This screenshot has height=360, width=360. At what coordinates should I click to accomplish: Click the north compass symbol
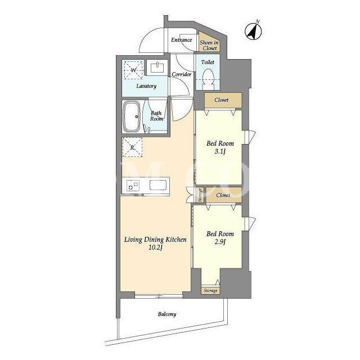tap(254, 31)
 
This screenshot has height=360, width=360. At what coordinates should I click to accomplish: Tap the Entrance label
tap(181, 40)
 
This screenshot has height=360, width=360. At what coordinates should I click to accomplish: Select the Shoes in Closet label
tap(209, 45)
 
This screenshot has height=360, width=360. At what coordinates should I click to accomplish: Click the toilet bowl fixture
tap(208, 79)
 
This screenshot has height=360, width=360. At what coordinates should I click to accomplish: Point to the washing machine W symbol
tap(133, 70)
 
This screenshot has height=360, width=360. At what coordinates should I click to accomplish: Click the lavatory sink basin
tap(157, 67)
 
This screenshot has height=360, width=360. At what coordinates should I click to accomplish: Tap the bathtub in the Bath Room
tap(132, 116)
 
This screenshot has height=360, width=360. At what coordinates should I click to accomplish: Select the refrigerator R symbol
tap(132, 147)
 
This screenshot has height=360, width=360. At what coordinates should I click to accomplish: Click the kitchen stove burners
tap(133, 185)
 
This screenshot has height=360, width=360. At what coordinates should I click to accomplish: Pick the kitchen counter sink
tap(158, 185)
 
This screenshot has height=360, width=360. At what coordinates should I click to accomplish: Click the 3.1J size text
tap(220, 151)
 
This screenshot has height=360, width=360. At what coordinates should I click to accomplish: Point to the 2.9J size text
tap(220, 242)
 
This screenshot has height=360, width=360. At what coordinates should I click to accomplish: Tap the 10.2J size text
tap(155, 247)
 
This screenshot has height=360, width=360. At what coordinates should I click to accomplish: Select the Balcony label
tap(167, 314)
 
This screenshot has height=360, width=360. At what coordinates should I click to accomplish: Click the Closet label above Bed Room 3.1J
tap(221, 100)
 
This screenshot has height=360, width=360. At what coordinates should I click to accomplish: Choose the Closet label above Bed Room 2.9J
tap(223, 195)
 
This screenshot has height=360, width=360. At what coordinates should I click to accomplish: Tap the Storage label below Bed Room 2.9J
tap(210, 291)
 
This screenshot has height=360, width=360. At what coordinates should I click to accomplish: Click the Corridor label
tap(181, 74)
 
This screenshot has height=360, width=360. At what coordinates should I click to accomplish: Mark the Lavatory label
tap(146, 86)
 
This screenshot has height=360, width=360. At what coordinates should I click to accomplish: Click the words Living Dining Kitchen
tap(155, 240)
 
